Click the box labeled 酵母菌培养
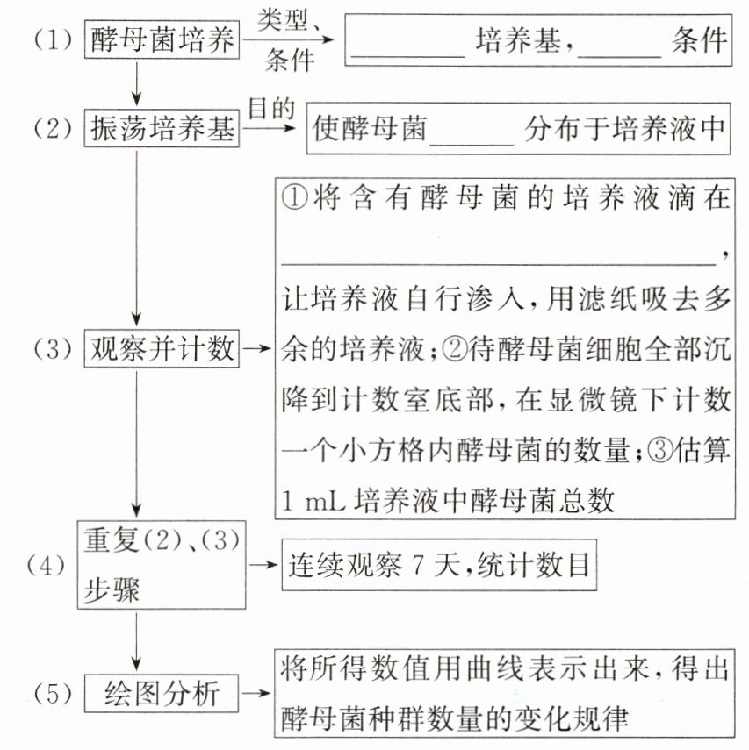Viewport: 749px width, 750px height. tap(162, 39)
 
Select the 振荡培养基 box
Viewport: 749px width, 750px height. tap(162, 128)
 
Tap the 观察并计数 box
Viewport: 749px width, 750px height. tap(162, 348)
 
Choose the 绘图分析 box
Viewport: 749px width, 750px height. tap(162, 694)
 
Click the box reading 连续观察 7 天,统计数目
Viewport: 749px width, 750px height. tap(439, 565)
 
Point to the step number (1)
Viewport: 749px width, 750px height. tap(53, 39)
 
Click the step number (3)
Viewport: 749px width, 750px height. tap(53, 349)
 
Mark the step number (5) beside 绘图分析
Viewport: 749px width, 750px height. tap(53, 694)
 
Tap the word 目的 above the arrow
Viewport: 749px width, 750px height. tap(271, 109)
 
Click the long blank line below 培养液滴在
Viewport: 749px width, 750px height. tap(499, 263)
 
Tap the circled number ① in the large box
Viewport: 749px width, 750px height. tap(294, 197)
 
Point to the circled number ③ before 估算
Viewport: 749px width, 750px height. tap(660, 450)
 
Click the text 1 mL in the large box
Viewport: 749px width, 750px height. tap(313, 501)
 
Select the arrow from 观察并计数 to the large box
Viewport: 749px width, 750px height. tap(257, 348)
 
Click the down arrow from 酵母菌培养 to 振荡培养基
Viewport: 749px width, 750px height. tap(136, 84)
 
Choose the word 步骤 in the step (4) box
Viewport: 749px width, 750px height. tap(112, 589)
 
